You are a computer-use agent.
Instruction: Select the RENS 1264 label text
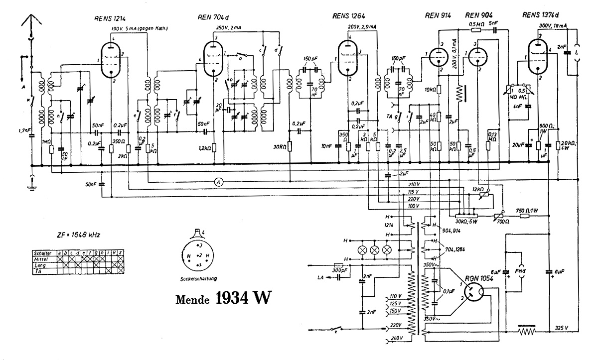pyautogui.click(x=347, y=15)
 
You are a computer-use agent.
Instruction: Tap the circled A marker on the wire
pyautogui.click(x=218, y=183)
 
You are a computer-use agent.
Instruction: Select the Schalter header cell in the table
pyautogui.click(x=42, y=253)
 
